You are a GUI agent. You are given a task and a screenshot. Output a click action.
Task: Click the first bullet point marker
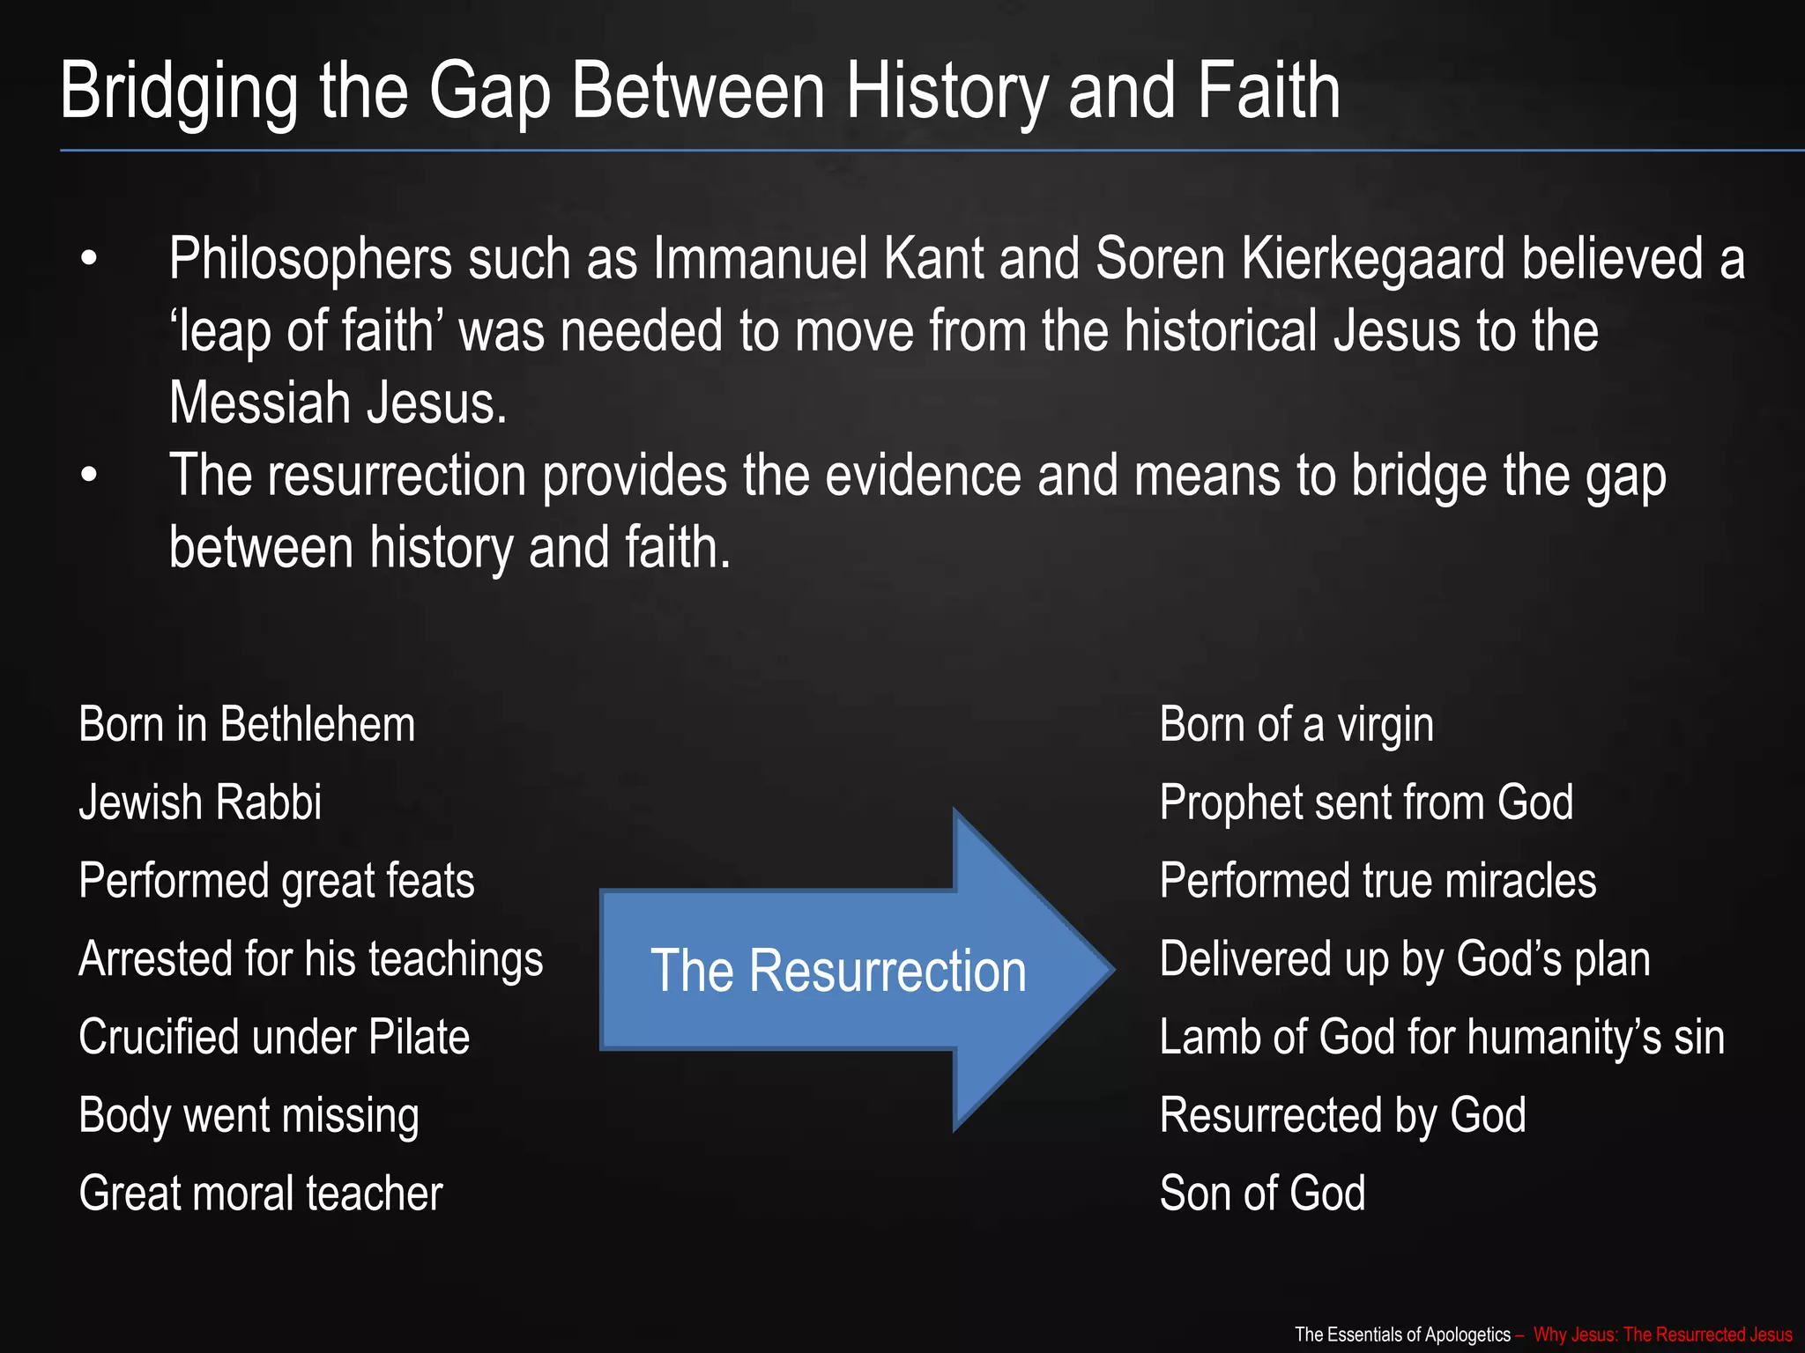(88, 261)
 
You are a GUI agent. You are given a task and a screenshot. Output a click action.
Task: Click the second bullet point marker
(88, 476)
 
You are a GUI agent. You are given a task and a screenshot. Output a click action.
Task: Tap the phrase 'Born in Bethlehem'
(247, 725)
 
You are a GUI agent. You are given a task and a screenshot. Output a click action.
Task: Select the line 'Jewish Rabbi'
(200, 802)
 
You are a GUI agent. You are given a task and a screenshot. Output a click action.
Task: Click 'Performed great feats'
(276, 881)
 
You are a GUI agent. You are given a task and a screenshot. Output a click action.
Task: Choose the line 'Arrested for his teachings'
(310, 959)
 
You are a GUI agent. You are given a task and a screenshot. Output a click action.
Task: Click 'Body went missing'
(249, 1115)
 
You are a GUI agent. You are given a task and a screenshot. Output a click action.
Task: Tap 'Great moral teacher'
(260, 1194)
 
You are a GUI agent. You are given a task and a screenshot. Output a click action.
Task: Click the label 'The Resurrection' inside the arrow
(838, 971)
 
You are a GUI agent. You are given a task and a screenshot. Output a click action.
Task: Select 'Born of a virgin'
(1296, 725)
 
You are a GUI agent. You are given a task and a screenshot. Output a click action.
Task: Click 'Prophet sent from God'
(1366, 802)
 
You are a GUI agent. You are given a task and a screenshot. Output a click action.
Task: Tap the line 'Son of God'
(1262, 1194)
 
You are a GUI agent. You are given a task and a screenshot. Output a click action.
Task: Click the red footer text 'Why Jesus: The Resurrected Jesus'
(1662, 1335)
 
